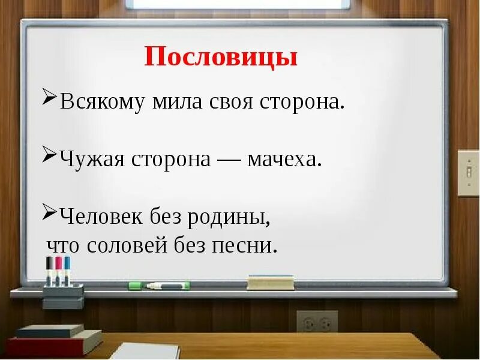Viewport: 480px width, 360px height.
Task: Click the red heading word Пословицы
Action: [221, 58]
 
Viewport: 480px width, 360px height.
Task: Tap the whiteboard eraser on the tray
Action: [271, 282]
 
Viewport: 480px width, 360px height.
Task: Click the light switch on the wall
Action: [468, 173]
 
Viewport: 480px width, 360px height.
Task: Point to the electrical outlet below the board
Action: [317, 322]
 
